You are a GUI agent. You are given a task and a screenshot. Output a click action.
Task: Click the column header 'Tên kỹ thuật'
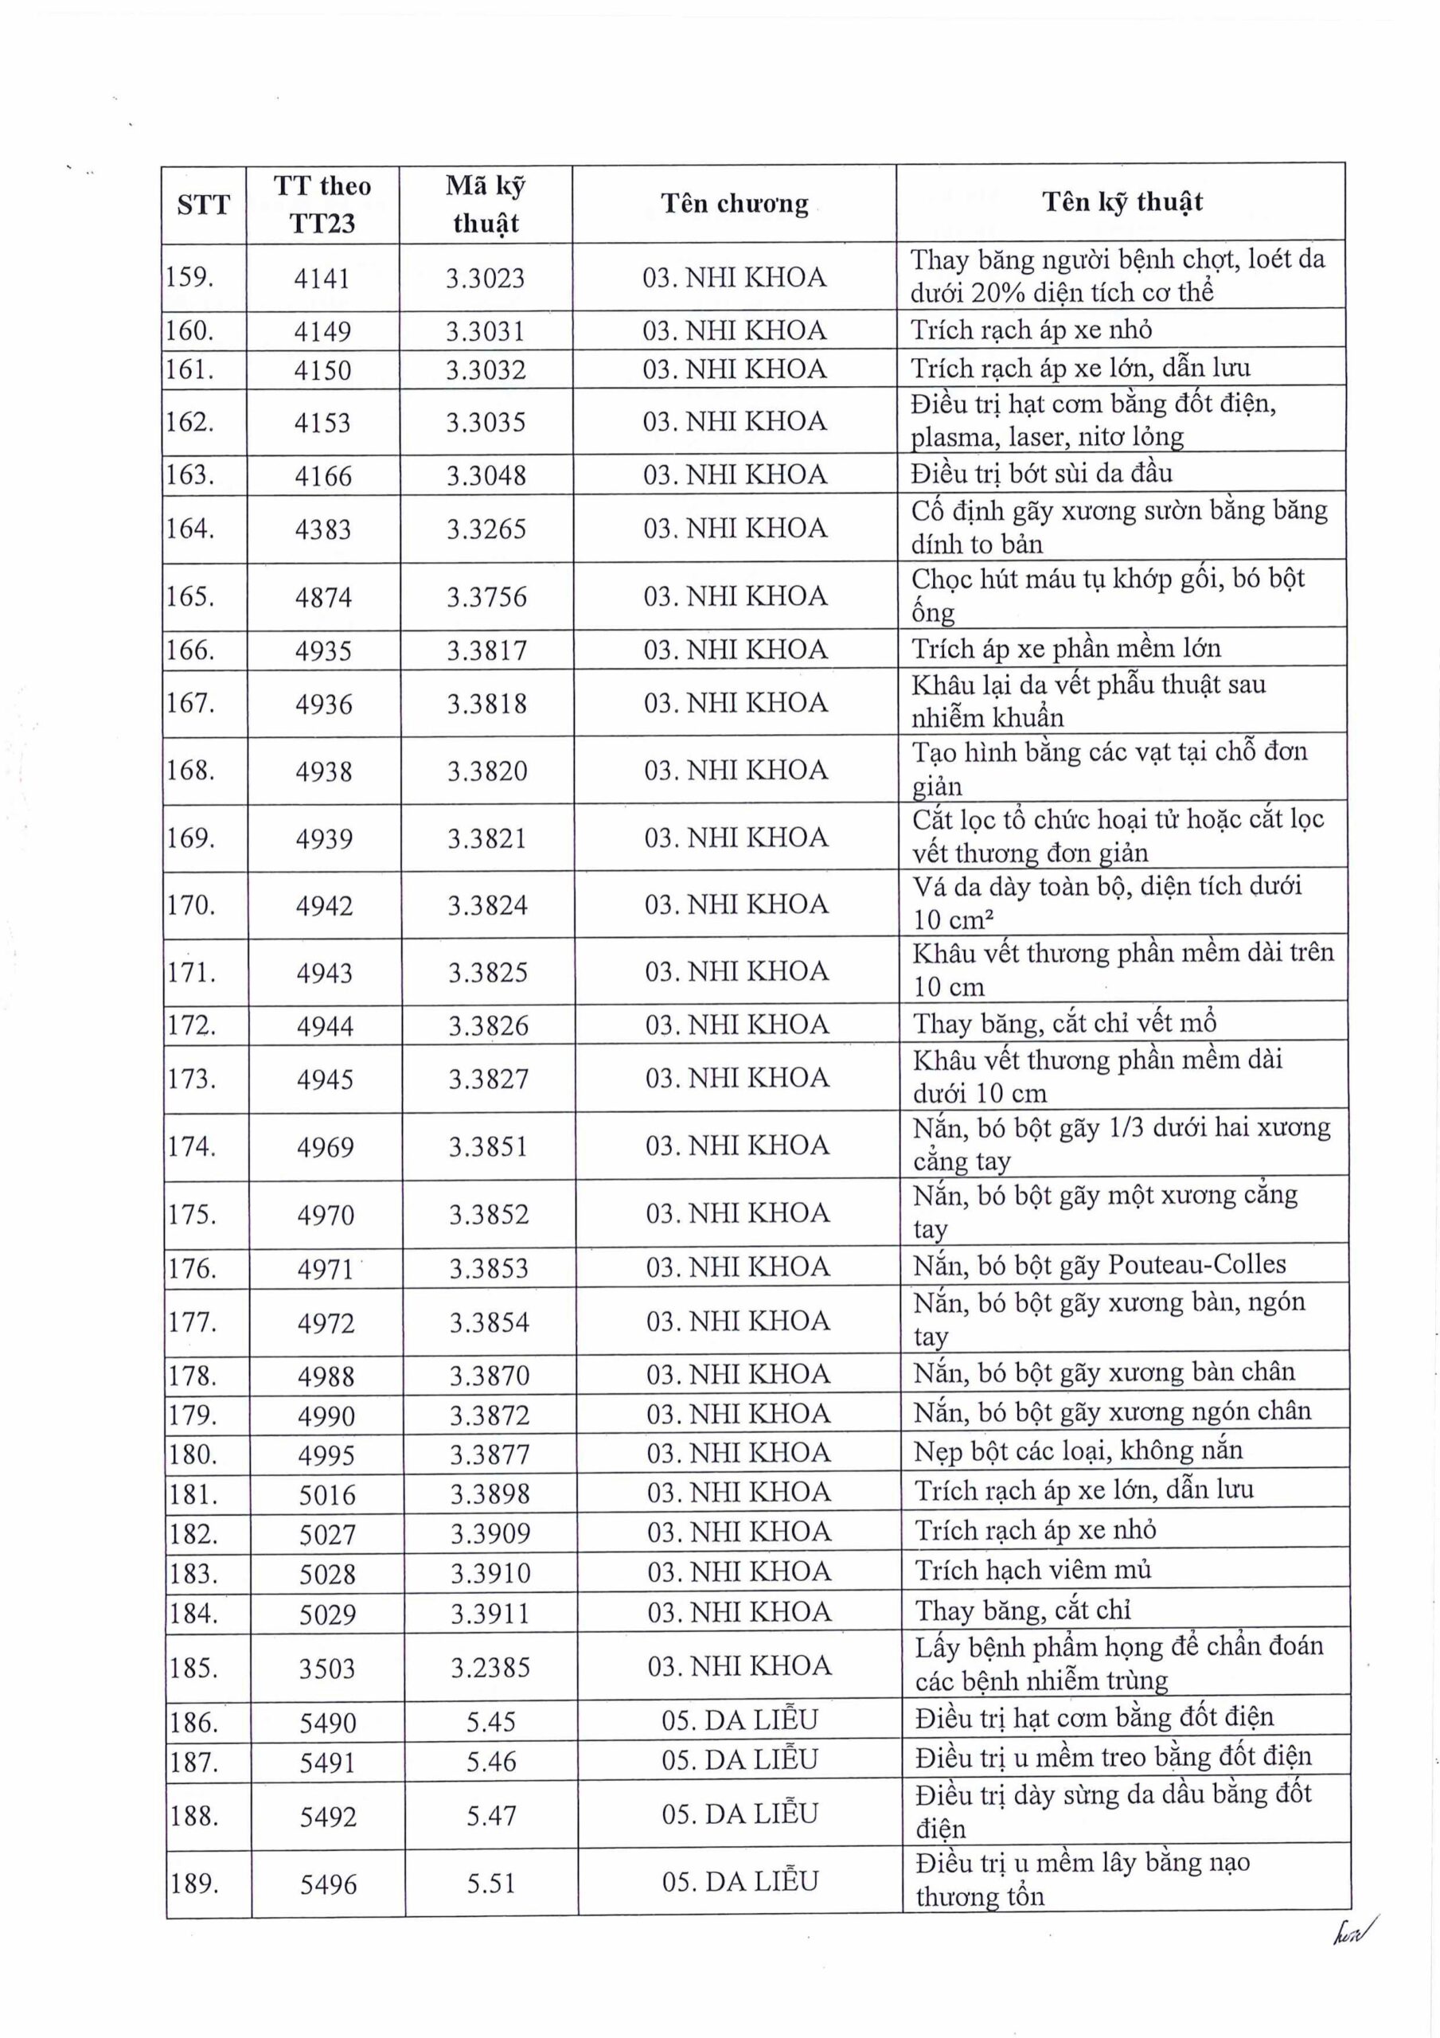1122,201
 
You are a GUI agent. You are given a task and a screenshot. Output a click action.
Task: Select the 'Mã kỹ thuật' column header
485,204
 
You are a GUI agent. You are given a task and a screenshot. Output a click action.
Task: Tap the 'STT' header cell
203,205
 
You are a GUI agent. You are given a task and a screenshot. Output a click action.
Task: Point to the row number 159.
190,277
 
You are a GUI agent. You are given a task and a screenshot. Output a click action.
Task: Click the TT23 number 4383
323,530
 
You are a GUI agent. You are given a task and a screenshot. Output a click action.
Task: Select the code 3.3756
486,596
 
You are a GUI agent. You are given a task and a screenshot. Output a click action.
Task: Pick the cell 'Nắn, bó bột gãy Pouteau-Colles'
1100,1264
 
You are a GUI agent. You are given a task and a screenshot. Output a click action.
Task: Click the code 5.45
491,1722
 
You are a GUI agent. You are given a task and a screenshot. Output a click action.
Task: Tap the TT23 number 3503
326,1669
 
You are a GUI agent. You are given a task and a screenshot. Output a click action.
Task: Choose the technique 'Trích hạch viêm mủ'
1033,1569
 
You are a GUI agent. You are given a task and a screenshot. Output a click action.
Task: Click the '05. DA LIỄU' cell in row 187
740,1759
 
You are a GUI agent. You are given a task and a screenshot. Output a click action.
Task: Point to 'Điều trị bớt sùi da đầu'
1041,473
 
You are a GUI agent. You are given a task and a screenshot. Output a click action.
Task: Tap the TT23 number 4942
325,905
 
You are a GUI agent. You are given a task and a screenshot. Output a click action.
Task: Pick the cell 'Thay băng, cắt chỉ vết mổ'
1064,1025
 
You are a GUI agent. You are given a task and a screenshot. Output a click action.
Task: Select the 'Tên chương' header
734,203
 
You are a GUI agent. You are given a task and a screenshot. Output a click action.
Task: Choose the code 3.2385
490,1668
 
